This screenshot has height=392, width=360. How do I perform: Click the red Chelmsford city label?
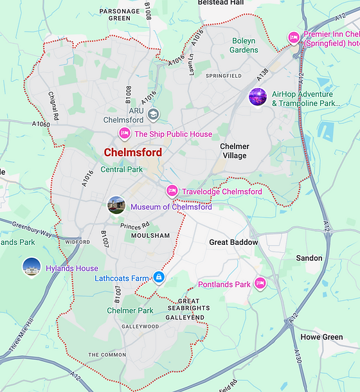(132, 152)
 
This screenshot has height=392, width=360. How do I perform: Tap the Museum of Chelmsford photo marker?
(116, 206)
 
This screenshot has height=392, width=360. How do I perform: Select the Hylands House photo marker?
(32, 267)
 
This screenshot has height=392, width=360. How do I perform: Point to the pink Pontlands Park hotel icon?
(260, 283)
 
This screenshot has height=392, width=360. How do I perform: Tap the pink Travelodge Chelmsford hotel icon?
(172, 191)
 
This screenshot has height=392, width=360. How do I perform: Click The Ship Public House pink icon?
(125, 134)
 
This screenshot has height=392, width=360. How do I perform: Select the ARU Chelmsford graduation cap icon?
(153, 114)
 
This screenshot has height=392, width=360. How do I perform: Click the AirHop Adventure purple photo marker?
(258, 98)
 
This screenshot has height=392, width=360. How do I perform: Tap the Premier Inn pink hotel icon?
(293, 38)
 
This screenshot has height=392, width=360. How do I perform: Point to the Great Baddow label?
(233, 242)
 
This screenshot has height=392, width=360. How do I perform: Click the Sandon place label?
(309, 258)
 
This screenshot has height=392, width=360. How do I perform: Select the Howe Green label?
(321, 337)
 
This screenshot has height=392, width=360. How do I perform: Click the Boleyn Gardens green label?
(244, 45)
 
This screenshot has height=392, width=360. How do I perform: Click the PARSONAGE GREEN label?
(120, 14)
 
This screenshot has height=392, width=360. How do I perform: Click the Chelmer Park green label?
(130, 310)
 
